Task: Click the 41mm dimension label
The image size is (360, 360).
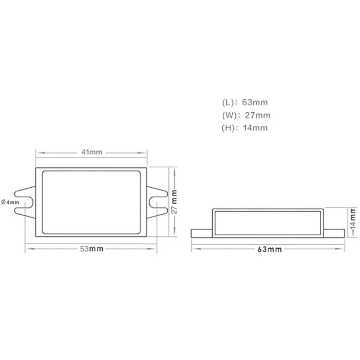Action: click(x=92, y=152)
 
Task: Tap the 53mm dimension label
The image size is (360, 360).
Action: click(x=92, y=249)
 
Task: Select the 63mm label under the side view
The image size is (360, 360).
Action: click(x=269, y=249)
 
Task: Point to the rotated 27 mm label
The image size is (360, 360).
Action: click(x=174, y=202)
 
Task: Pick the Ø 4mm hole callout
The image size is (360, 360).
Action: click(x=10, y=202)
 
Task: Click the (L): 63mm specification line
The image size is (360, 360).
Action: click(x=245, y=102)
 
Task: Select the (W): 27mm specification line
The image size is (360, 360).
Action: click(x=246, y=115)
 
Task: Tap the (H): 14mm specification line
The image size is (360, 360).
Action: click(x=244, y=128)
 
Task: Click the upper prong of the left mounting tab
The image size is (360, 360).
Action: click(x=24, y=193)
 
